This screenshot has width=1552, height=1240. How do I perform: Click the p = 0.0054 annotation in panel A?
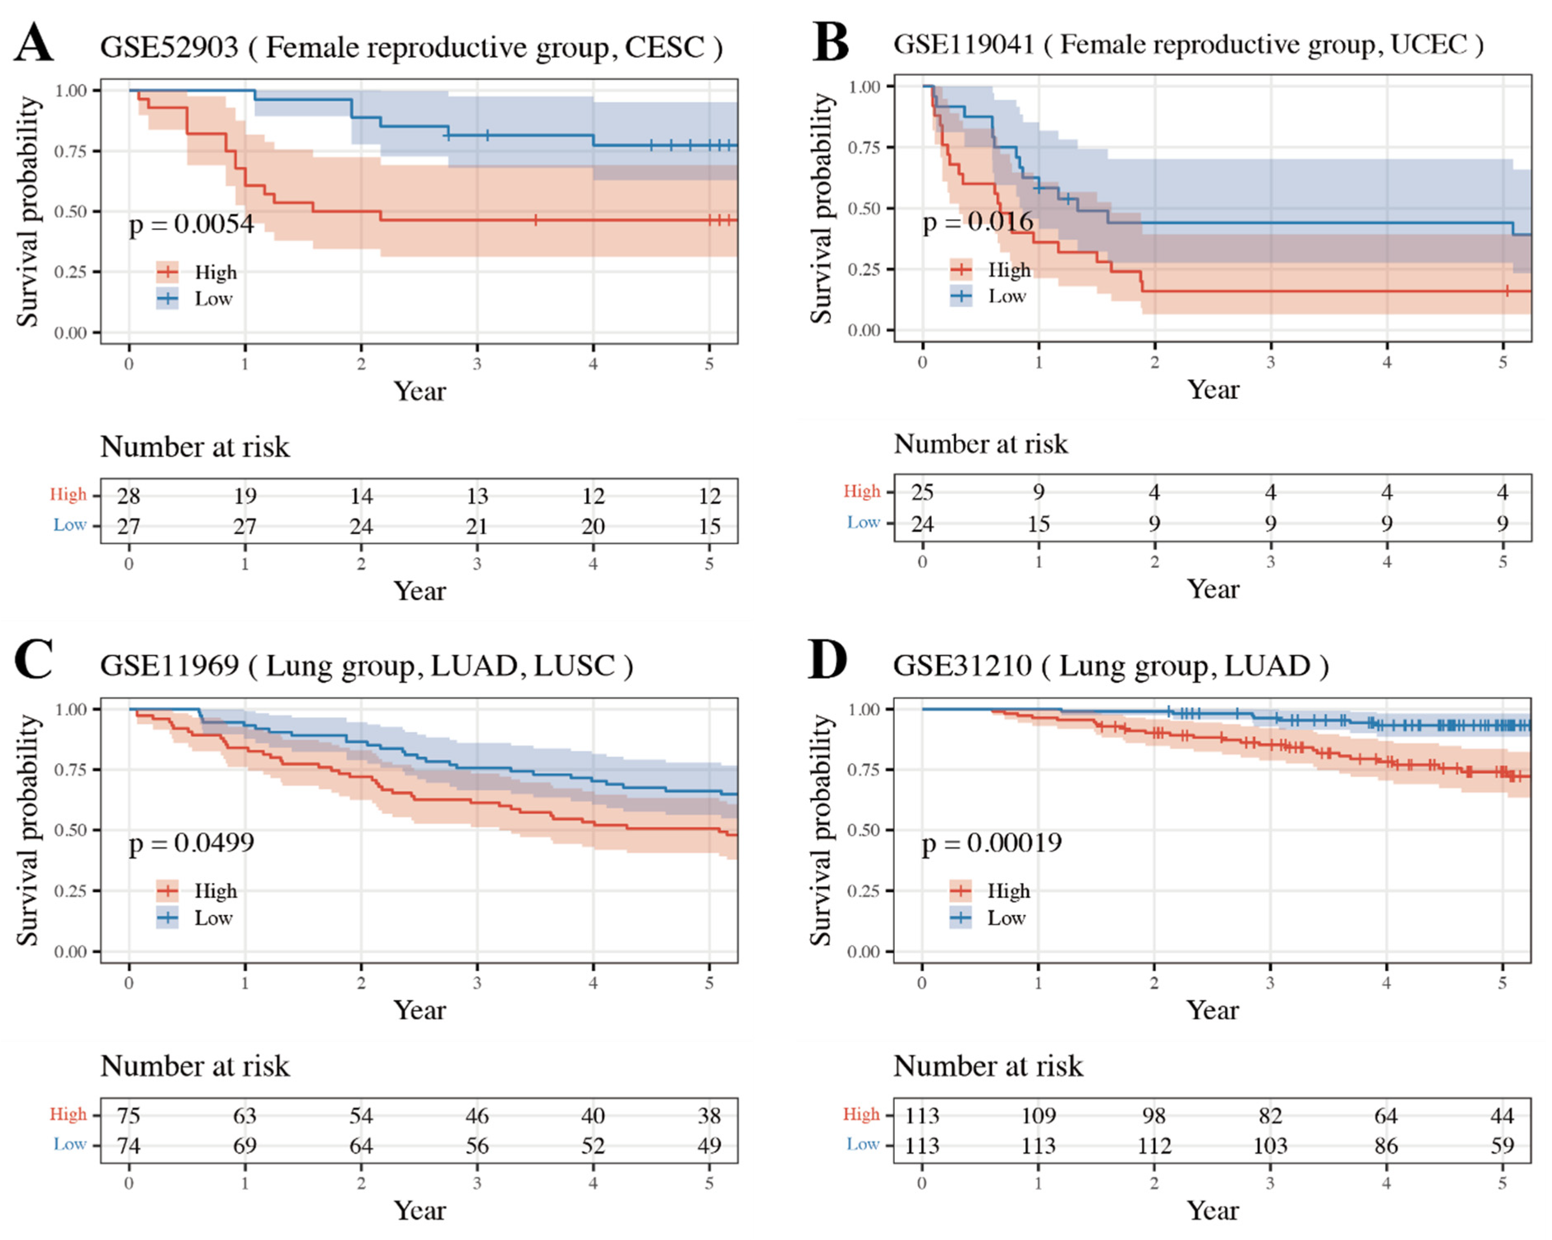click(191, 224)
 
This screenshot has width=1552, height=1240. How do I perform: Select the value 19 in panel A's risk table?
click(245, 496)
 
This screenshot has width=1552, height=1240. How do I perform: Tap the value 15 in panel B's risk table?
click(1038, 523)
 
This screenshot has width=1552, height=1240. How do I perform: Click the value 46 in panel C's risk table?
click(477, 1116)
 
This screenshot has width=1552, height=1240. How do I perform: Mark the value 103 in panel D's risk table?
click(1270, 1146)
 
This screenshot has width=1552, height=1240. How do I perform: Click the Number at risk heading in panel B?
click(981, 444)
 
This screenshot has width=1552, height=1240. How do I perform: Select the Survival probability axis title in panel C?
click(28, 830)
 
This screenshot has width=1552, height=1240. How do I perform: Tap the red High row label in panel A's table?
click(68, 494)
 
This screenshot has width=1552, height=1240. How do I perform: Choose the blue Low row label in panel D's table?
click(862, 1144)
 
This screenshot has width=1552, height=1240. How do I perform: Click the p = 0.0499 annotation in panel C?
click(191, 843)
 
